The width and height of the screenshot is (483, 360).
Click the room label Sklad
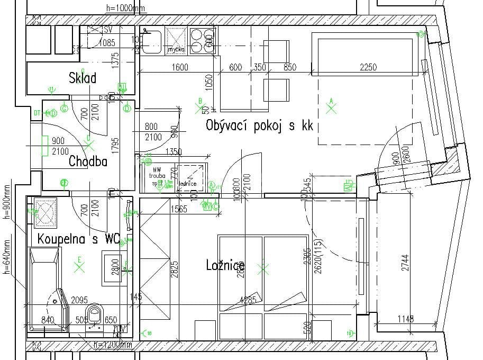83,78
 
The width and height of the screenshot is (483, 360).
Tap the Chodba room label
88,161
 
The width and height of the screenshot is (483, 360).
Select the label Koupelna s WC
78,239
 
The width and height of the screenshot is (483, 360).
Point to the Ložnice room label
225,265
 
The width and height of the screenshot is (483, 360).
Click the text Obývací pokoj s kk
259,126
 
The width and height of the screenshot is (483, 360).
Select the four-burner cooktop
202,40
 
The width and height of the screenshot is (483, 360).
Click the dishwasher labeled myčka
176,40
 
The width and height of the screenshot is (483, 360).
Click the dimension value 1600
180,67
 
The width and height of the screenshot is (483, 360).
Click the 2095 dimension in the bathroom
79,300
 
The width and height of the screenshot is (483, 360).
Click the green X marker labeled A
332,109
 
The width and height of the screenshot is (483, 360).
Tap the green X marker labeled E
80,267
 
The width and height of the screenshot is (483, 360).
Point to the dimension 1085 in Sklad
107,42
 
